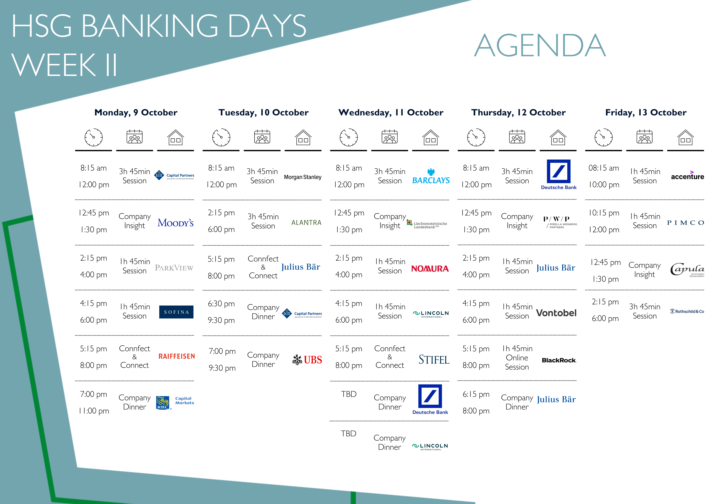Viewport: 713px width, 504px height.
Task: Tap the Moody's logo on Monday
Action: point(175,223)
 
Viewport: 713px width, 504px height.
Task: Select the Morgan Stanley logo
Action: point(303,177)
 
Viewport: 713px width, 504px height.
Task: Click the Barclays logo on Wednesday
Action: point(431,176)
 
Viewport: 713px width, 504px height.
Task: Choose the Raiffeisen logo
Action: point(177,356)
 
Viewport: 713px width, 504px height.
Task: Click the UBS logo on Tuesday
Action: point(307,360)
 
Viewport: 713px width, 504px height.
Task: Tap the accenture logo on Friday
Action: point(687,176)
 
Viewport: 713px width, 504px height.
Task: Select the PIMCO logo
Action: point(685,223)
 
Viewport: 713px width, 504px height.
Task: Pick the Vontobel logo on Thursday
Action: point(556,313)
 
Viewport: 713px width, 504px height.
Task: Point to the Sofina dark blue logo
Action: point(176,312)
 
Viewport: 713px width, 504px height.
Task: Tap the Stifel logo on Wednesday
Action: point(434,360)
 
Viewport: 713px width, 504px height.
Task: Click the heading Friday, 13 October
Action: point(646,112)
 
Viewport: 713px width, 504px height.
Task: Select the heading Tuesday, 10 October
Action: point(263,112)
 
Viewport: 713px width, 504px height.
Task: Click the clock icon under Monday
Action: point(93,137)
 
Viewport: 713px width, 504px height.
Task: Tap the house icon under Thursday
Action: point(558,137)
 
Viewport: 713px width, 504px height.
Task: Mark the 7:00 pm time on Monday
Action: point(93,394)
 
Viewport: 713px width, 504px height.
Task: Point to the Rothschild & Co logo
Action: point(687,311)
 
